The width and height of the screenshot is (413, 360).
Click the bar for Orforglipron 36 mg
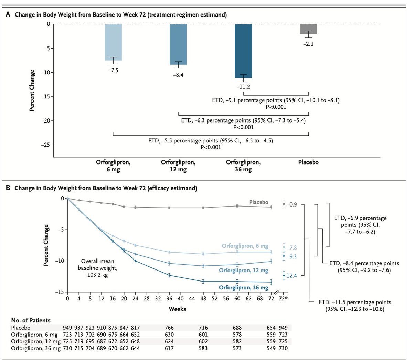point(243,51)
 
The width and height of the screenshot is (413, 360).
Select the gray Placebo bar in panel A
point(308,29)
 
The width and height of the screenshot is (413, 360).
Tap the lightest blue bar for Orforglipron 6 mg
point(113,42)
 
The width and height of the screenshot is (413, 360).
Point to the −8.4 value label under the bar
point(178,75)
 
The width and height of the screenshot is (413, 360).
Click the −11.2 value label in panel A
point(243,87)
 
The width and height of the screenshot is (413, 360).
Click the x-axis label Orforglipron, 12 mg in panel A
point(178,166)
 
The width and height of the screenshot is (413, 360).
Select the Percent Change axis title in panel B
point(46,245)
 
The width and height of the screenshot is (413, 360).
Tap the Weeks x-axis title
point(177,309)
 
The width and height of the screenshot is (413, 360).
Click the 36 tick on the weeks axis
point(169,298)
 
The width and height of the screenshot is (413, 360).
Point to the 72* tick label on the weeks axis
point(283,298)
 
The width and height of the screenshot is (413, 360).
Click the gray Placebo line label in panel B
point(258,202)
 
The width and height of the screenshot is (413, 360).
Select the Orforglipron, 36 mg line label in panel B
point(244,287)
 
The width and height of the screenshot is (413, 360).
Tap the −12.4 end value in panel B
point(291,276)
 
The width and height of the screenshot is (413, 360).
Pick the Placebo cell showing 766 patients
point(169,328)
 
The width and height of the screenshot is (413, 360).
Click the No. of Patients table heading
point(31,320)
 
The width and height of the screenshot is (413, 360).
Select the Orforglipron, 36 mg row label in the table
point(35,348)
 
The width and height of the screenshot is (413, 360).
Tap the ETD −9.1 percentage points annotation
point(276,100)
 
